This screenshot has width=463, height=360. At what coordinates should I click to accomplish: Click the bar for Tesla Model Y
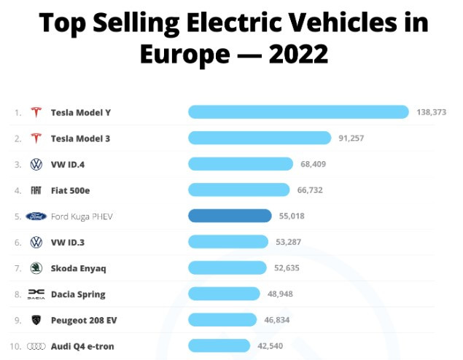click(298, 112)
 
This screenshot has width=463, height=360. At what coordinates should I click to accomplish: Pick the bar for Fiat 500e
click(239, 190)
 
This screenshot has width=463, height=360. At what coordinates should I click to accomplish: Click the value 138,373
click(431, 112)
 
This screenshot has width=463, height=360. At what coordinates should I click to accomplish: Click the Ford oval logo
click(36, 216)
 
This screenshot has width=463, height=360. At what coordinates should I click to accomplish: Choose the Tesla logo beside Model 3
click(36, 138)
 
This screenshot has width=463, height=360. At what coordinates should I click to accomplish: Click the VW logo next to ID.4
click(36, 165)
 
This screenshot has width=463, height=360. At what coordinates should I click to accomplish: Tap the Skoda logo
click(36, 268)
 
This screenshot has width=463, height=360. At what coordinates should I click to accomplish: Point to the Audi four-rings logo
click(36, 346)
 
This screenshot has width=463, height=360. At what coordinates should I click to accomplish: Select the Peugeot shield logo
click(36, 320)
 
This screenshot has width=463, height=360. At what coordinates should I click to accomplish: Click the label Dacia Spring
click(78, 294)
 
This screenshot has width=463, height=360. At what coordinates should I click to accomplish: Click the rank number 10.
click(15, 346)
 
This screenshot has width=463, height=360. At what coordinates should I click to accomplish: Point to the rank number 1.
click(17, 112)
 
